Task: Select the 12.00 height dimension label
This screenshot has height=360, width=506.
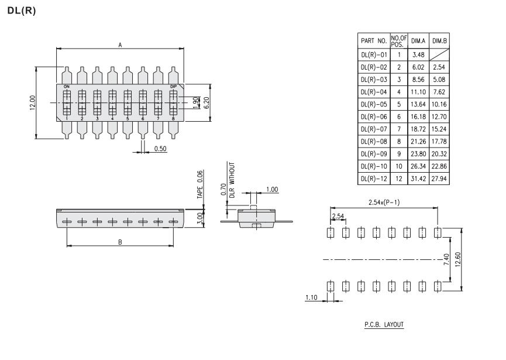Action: pos(33,102)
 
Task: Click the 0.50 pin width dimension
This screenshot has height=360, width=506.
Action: pos(161,149)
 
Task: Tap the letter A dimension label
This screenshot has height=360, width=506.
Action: pos(120,45)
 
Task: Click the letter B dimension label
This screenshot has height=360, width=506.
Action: pos(120,242)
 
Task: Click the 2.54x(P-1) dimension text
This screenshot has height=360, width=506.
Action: pos(384,203)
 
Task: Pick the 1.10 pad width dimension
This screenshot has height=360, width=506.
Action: pos(312,297)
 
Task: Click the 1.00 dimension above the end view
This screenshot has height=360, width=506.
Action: pos(272,189)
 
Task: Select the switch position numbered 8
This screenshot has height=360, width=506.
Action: pos(173,119)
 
